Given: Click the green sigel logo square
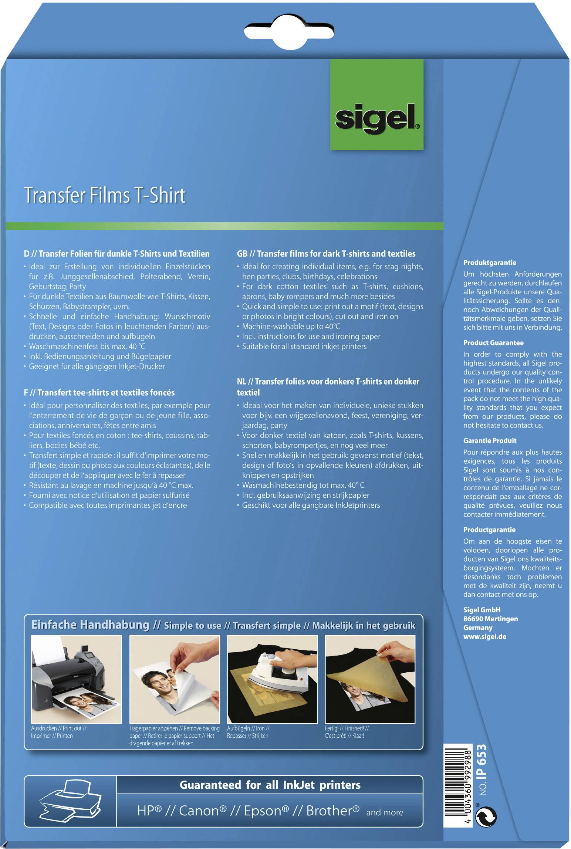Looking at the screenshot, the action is [x=376, y=105].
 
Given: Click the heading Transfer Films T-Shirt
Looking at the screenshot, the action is [x=105, y=195].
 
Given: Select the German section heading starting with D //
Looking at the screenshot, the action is [x=116, y=254].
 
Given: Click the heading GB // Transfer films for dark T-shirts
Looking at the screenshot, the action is [x=326, y=254].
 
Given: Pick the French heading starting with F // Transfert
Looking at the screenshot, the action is [x=99, y=392].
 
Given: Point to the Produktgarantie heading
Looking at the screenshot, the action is [x=490, y=263].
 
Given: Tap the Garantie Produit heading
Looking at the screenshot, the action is [x=490, y=441].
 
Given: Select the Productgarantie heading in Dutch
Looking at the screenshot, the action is [x=489, y=530].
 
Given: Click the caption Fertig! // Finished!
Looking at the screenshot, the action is [x=347, y=728].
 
